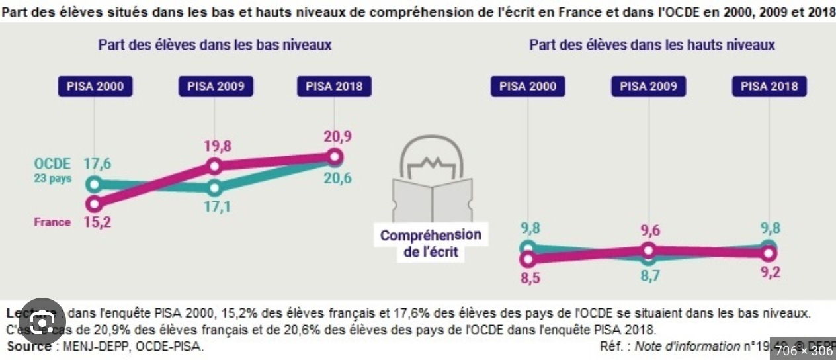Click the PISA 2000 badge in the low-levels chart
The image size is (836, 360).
(x=95, y=87)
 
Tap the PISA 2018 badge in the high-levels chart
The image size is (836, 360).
(x=769, y=87)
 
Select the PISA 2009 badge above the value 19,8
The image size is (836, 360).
(x=216, y=87)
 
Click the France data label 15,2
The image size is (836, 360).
(x=97, y=222)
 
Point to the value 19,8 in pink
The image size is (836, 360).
(x=217, y=146)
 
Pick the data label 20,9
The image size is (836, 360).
(x=337, y=136)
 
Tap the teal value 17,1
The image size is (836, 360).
(x=217, y=207)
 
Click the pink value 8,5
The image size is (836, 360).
(x=530, y=278)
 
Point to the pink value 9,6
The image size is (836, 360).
(x=649, y=230)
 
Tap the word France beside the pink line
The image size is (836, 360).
(x=52, y=222)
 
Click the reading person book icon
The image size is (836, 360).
(x=431, y=181)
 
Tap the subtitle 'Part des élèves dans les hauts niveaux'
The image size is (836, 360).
(x=651, y=45)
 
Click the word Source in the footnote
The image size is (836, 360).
(x=29, y=346)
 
